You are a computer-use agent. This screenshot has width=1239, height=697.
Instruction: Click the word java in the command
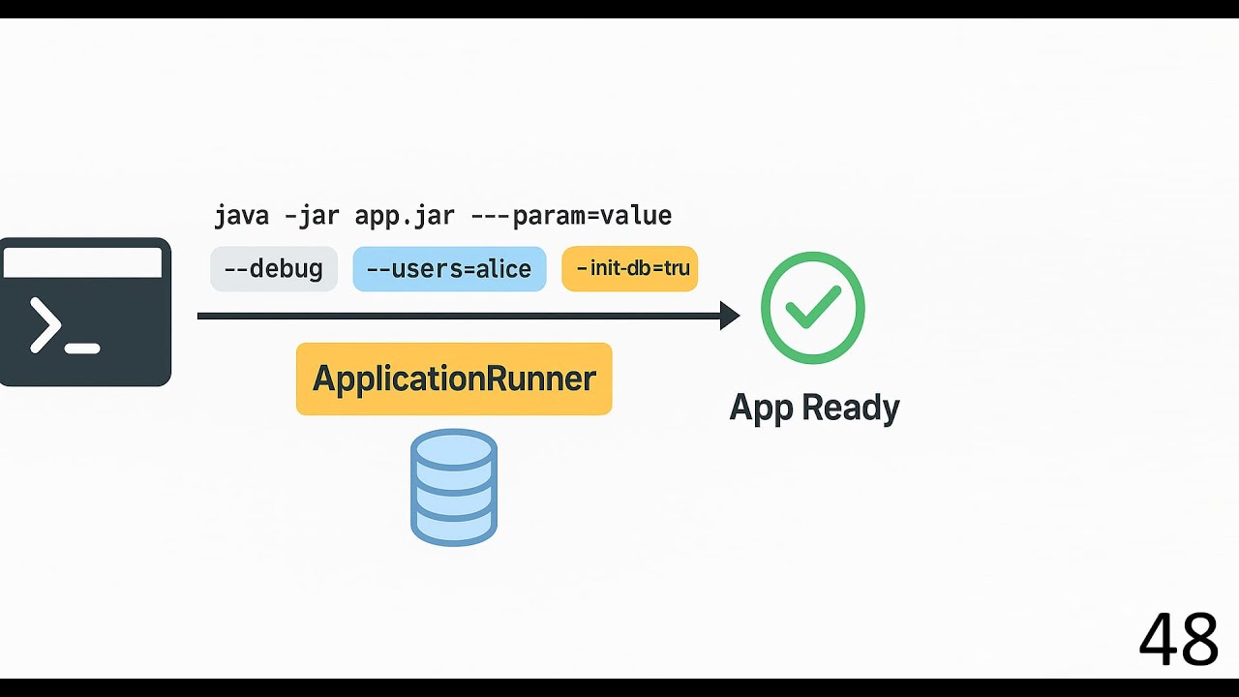[241, 215]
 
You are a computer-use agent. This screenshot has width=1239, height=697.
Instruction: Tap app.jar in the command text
[404, 215]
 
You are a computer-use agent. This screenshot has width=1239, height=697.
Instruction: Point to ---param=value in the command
[571, 215]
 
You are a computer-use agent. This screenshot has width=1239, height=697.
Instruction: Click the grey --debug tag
[274, 269]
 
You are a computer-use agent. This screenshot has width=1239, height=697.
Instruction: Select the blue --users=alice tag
[449, 269]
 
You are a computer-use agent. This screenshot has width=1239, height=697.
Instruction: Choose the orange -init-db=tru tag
[630, 268]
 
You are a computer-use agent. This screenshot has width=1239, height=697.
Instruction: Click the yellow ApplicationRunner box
[454, 379]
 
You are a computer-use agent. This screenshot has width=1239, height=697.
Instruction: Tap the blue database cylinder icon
[454, 487]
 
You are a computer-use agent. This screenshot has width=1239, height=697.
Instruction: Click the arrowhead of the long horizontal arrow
[731, 316]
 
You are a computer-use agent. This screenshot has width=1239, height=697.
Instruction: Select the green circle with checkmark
[813, 308]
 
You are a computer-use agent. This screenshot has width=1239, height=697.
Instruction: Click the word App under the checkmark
[761, 408]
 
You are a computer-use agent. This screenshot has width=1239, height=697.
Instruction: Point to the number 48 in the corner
[1178, 640]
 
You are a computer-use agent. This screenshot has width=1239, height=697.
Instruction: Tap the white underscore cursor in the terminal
[83, 348]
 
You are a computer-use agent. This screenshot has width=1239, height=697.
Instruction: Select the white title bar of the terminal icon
[82, 262]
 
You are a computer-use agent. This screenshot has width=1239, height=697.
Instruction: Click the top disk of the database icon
[454, 450]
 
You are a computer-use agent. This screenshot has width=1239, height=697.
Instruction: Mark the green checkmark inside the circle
[813, 308]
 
